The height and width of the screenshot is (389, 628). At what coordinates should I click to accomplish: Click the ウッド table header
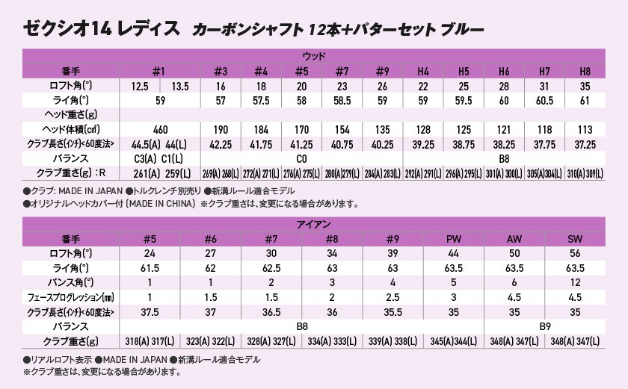point(313,56)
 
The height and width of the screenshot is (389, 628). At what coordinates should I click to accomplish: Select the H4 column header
point(423,72)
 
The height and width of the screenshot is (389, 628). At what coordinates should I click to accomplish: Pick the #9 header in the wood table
point(382,72)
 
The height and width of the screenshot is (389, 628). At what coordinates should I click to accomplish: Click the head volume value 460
point(158,129)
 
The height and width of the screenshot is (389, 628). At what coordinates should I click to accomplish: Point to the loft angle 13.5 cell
point(180,86)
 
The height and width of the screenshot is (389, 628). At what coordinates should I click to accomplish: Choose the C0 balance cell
point(301,158)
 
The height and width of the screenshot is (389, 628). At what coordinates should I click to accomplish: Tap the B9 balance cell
point(547,326)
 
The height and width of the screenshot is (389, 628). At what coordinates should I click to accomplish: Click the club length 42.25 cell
point(220,143)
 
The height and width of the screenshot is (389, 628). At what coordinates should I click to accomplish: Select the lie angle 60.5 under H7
point(545,100)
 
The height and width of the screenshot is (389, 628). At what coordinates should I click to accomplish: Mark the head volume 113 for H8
point(586,129)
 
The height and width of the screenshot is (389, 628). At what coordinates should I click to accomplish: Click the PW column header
point(453,238)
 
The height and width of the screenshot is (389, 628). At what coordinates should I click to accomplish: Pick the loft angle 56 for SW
point(574,252)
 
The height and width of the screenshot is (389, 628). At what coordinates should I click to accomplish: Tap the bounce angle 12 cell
point(574,281)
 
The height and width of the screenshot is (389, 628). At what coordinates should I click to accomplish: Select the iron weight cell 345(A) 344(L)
point(453,340)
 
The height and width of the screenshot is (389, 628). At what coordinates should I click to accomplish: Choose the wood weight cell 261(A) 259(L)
point(158,172)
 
